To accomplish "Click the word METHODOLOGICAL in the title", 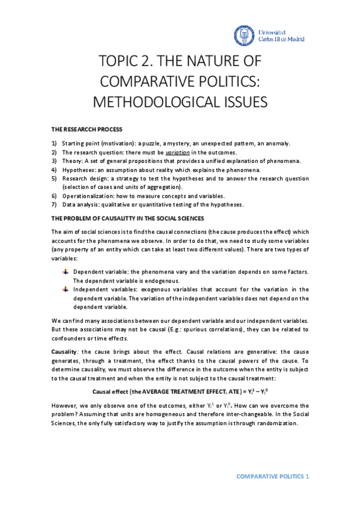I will click(x=159, y=102).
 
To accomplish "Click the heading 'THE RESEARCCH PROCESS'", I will click(x=87, y=129).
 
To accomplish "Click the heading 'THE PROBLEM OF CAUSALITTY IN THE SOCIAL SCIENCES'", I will click(x=127, y=218).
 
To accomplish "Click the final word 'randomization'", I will click(x=277, y=423).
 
